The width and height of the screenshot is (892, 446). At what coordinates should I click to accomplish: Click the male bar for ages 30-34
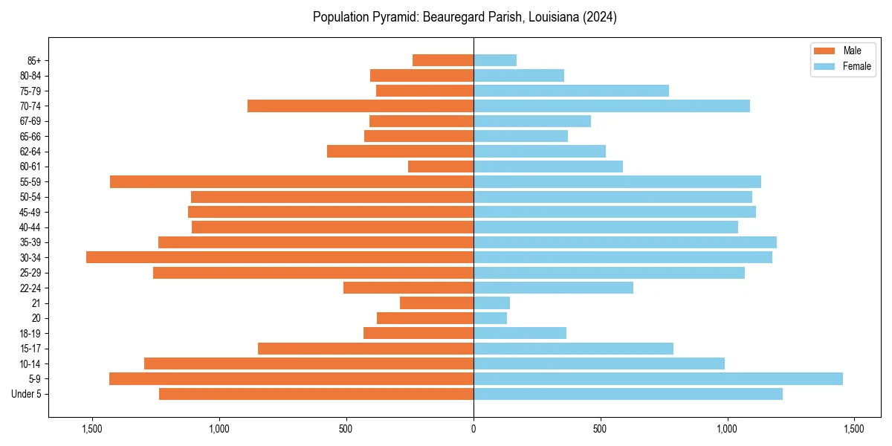pos(279,257)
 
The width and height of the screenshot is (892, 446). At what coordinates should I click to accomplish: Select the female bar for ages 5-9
pos(658,379)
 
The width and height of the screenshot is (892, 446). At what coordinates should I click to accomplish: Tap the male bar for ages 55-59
pos(291,182)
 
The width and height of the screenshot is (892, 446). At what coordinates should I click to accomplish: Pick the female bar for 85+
pos(495,60)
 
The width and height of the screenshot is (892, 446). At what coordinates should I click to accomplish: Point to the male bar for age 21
pos(436,303)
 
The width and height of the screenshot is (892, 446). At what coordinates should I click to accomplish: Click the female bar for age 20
pos(490,318)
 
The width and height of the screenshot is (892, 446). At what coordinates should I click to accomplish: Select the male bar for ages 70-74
pos(361,106)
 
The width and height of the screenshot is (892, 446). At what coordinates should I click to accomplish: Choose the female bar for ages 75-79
pos(571,91)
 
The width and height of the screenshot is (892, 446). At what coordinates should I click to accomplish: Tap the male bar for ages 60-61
pos(441,167)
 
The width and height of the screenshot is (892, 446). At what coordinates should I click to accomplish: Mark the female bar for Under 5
pos(628,394)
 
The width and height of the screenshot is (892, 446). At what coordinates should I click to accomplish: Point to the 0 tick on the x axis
pos(474,429)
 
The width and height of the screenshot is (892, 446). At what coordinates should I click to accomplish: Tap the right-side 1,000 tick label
pos(727,429)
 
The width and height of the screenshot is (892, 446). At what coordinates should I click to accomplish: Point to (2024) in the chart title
pos(599,17)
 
